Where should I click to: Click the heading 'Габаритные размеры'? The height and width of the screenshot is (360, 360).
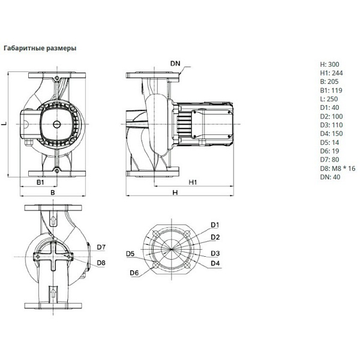40,49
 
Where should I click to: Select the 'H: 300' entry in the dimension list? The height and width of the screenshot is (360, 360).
329,64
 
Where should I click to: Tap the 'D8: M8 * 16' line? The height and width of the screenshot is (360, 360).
337,169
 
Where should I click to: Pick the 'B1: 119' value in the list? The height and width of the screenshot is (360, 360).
331,90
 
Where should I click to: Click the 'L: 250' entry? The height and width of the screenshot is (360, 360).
329,99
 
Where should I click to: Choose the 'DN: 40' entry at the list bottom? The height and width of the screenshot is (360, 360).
330,177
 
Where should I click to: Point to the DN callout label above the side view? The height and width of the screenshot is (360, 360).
175,64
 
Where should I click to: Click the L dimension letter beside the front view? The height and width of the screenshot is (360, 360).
4,124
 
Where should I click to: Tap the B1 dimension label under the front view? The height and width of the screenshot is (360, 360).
40,182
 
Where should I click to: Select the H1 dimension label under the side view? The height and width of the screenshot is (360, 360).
193,182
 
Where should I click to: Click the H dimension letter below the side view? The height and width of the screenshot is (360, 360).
175,193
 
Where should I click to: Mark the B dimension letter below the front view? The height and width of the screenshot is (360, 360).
53,193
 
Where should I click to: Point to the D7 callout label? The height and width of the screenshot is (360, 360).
101,247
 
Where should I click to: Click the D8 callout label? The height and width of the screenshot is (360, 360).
101,263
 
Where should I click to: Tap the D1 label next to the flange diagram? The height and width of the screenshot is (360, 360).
215,225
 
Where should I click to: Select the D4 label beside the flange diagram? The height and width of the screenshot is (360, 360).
215,263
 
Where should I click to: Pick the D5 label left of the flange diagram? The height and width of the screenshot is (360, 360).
130,254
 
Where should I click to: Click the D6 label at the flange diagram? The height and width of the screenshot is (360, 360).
134,273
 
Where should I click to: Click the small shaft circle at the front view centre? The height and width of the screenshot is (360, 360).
57,124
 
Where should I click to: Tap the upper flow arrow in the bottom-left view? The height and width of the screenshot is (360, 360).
53,221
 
